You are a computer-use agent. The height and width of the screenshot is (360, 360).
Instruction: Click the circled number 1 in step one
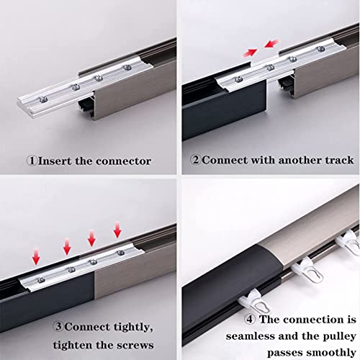tap(32, 161)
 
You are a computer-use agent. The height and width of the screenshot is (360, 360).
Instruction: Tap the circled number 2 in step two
tap(196, 160)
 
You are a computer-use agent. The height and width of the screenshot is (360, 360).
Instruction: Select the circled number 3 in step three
tap(58, 326)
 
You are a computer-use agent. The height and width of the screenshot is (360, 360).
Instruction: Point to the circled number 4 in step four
tap(250, 319)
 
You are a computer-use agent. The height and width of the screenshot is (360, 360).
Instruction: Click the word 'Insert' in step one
tap(55, 161)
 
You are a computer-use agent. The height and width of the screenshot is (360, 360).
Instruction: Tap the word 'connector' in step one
tap(124, 161)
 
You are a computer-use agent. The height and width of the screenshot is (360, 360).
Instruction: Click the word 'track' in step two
tap(339, 160)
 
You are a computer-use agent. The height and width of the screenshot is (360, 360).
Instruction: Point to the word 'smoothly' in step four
tap(331, 353)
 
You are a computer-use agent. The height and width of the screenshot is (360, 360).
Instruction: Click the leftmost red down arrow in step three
tap(36, 256)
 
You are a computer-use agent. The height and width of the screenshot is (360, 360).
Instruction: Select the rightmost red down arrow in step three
tap(117, 230)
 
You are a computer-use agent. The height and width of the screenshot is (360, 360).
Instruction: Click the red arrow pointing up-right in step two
tap(250, 53)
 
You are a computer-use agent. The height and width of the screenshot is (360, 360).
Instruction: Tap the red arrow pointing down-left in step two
tap(271, 44)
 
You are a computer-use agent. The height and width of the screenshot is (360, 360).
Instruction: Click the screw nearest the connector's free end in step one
tap(43, 99)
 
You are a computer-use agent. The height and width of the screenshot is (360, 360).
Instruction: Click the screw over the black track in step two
tap(238, 79)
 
